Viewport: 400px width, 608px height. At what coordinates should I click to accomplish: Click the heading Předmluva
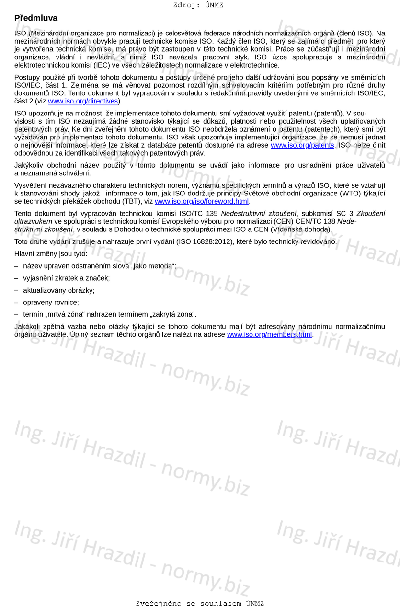click(36, 18)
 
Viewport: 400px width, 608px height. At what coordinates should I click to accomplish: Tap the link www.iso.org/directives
click(83, 101)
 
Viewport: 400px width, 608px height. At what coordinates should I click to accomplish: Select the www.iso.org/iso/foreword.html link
click(202, 201)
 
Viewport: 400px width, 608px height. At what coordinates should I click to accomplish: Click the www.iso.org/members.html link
click(269, 335)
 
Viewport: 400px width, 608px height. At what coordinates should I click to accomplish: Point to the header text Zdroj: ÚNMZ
click(198, 5)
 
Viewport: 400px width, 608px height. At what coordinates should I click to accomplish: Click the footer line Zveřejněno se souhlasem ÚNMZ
click(200, 604)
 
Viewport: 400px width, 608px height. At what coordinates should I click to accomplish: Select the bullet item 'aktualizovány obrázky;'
click(58, 290)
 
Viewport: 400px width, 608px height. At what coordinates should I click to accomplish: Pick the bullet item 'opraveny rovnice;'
click(51, 302)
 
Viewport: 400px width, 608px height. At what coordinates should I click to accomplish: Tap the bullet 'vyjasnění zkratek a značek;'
click(66, 278)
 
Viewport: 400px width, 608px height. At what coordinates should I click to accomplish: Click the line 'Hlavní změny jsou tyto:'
click(51, 253)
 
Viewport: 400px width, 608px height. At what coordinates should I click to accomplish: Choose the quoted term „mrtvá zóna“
click(65, 314)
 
